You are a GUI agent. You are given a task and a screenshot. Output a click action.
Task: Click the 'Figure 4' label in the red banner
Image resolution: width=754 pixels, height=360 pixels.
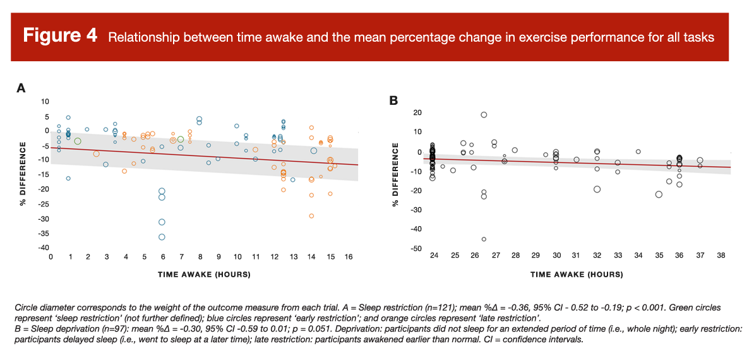(60, 35)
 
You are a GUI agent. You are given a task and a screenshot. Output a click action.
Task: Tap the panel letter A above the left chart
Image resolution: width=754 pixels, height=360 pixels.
(21, 88)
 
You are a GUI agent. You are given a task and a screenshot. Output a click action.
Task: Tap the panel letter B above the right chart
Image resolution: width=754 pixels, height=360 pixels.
(393, 100)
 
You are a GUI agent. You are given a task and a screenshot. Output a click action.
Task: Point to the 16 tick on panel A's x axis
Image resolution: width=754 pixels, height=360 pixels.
(348, 257)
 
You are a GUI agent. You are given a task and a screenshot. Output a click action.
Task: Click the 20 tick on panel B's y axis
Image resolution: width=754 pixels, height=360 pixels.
(416, 113)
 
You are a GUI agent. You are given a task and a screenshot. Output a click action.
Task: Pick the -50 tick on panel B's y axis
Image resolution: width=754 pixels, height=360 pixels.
(414, 249)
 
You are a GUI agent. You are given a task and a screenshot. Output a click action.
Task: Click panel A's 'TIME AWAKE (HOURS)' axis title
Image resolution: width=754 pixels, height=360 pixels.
(204, 275)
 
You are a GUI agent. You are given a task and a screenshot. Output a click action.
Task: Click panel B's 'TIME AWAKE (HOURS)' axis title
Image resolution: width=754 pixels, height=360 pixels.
(577, 275)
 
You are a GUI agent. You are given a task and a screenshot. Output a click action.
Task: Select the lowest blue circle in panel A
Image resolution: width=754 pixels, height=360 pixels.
(162, 237)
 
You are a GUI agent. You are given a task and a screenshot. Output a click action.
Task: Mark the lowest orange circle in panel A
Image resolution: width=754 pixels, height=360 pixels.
(311, 216)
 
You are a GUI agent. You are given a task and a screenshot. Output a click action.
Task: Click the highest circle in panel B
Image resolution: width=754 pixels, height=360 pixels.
(484, 115)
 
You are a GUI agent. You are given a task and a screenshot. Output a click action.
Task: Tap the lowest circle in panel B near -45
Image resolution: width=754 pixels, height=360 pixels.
(484, 239)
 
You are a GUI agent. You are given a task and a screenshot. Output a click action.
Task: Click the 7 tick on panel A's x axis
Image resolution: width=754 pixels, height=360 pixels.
(181, 257)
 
